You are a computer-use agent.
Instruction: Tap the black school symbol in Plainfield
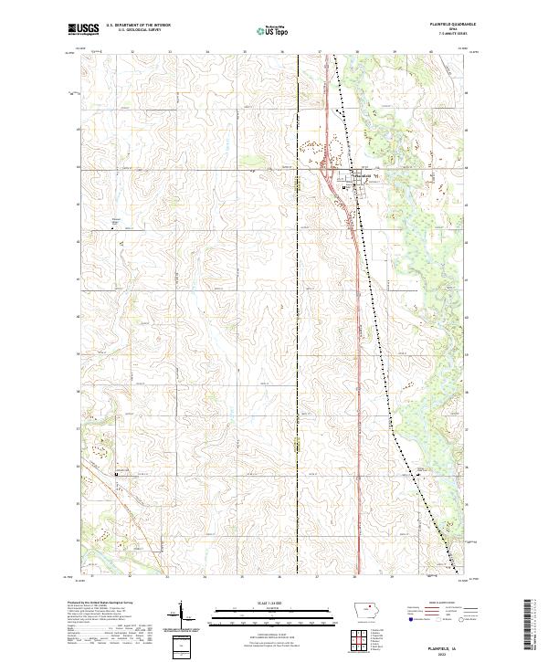344,188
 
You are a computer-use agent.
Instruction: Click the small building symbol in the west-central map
114,229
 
